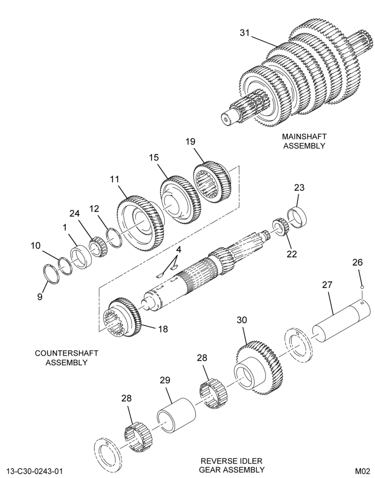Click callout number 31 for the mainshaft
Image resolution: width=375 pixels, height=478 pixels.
point(245,33)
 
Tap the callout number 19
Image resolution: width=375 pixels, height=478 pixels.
point(190,141)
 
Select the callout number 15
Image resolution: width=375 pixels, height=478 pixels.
point(154,158)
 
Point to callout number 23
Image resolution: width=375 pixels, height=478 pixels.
point(299,187)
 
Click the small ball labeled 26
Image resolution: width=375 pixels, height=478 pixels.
point(362,287)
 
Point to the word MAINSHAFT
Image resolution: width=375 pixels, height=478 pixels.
point(304,136)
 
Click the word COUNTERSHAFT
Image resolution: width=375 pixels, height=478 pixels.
point(66,353)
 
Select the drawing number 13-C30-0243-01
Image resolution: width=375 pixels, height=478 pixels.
point(34,471)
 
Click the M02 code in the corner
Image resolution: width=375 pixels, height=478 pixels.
point(362,471)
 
